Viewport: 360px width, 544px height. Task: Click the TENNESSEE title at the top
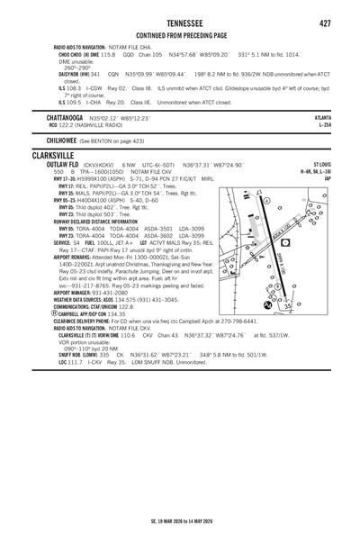coord(180,22)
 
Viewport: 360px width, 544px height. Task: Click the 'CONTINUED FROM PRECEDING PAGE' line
coord(180,36)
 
